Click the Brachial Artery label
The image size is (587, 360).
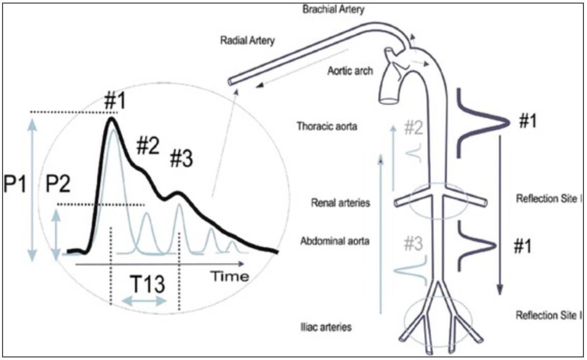(333, 10)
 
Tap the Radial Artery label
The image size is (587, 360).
(247, 40)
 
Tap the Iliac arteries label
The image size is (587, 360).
(326, 326)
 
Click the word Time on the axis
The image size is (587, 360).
(231, 277)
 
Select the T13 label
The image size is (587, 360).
(147, 284)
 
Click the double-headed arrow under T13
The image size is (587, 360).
(144, 302)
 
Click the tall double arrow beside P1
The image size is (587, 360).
(33, 189)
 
